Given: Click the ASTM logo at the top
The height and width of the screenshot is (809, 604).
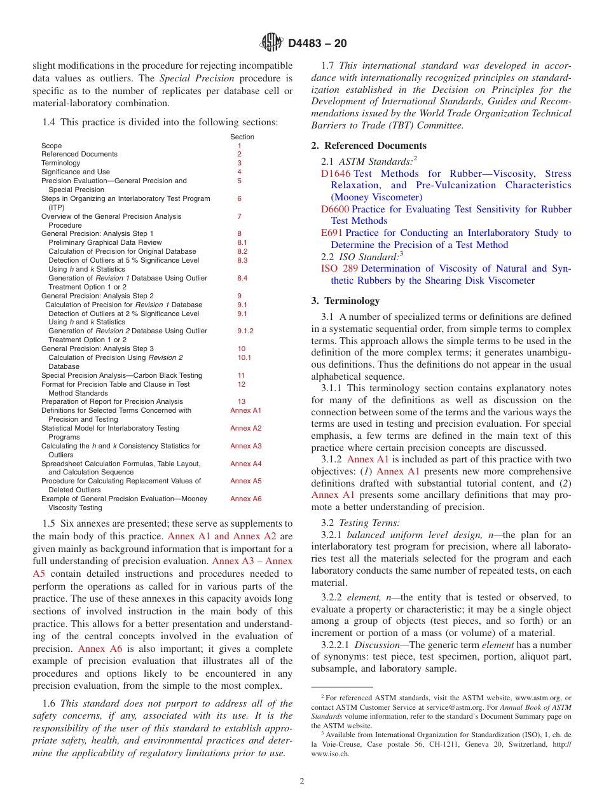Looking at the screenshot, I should point(271,43).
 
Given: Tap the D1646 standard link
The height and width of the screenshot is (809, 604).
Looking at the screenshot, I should point(336,174).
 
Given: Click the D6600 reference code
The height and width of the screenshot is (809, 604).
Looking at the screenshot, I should point(335,209).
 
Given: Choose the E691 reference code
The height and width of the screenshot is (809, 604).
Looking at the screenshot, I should point(331,233).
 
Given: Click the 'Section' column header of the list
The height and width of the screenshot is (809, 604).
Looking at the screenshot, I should point(242,137).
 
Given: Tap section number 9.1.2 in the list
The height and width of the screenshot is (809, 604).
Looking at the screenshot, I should point(245,331).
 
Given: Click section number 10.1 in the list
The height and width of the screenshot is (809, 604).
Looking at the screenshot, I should point(244,357).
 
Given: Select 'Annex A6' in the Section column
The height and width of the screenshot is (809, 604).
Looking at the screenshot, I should point(245,499).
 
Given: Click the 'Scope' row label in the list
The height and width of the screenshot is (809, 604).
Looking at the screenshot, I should point(51,146).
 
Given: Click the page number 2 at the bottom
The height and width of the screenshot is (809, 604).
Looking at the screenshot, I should point(302,782).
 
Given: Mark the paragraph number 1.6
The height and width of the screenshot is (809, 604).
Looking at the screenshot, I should point(48,703).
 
